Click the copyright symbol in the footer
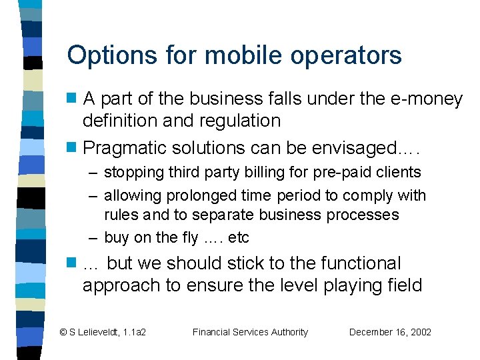tap(63, 332)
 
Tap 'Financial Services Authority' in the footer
tap(250, 332)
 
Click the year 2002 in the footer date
tap(420, 332)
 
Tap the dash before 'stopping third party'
tap(94, 173)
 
